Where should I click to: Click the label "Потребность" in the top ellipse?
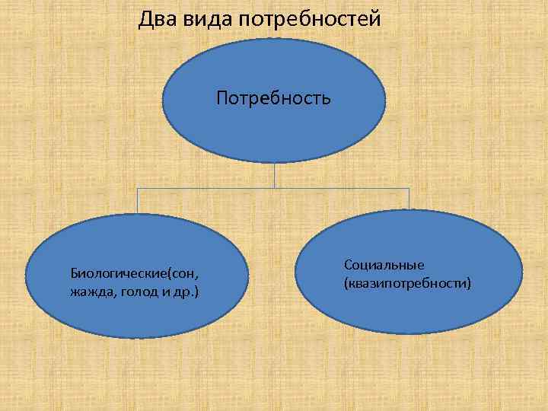[273, 97]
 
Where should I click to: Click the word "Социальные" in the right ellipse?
[384, 265]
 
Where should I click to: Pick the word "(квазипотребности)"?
[408, 283]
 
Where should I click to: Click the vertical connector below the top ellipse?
[274, 175]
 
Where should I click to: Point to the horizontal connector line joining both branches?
[205, 188]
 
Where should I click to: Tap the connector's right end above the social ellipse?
[409, 198]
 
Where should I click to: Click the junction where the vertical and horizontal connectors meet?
[274, 188]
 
